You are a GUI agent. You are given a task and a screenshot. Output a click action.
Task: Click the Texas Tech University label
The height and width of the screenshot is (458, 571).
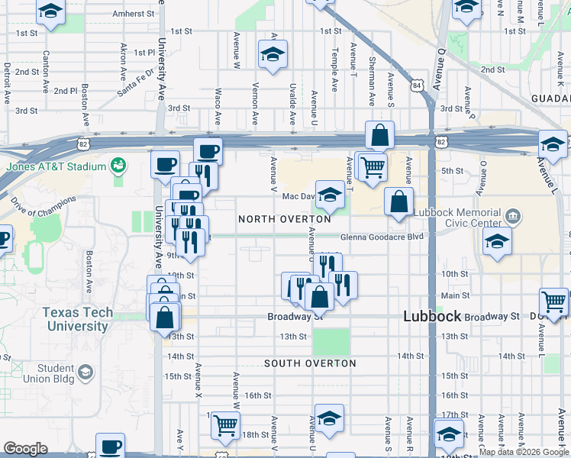click(77, 319)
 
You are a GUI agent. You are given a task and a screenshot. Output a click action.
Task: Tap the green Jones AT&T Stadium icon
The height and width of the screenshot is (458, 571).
click(118, 164)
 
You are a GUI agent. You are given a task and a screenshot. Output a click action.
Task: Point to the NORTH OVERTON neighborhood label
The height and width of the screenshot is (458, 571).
click(285, 219)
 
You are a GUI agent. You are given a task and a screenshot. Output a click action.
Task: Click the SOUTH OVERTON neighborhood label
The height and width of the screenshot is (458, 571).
click(310, 363)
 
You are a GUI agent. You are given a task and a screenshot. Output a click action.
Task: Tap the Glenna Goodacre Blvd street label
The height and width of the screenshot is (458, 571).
click(381, 237)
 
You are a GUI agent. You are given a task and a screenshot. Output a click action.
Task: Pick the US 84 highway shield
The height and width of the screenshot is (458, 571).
click(418, 85)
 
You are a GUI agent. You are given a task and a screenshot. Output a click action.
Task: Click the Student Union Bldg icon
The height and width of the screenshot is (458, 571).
click(85, 373)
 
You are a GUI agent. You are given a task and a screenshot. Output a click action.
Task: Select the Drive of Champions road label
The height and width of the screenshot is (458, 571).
click(44, 211)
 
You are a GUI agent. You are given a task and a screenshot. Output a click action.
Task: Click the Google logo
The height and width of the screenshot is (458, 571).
click(25, 449)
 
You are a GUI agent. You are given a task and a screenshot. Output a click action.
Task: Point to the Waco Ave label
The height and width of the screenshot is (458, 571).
click(218, 106)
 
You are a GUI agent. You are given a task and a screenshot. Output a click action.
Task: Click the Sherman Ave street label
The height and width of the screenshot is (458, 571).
click(372, 81)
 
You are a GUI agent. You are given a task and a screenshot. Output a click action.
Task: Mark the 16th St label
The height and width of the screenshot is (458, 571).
click(259, 395)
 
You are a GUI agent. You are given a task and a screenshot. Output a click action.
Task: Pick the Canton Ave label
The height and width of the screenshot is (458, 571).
click(47, 68)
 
